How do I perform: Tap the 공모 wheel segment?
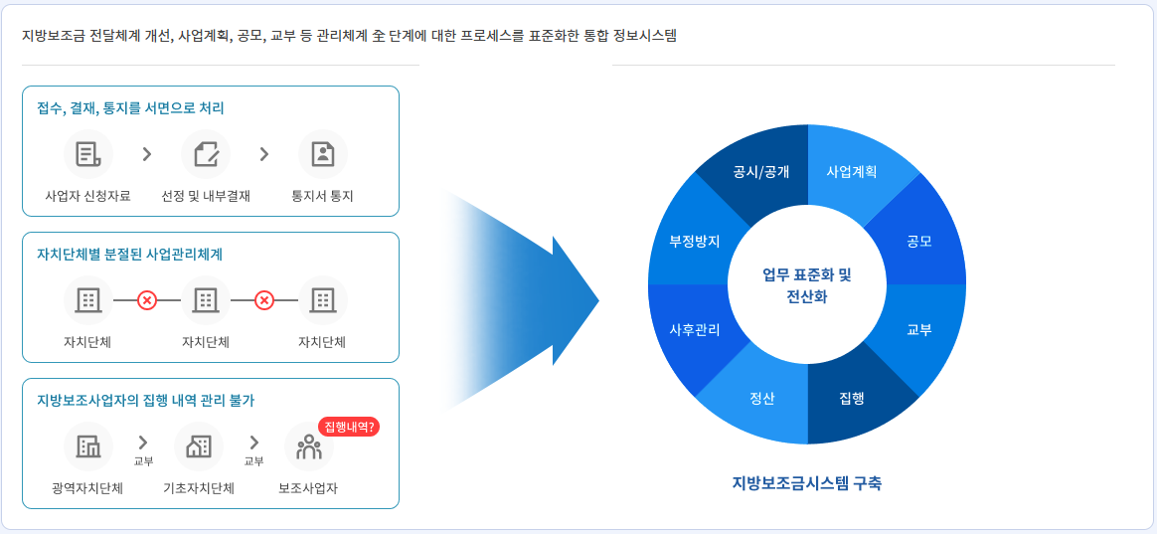[918, 241]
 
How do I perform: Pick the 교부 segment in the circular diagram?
[918, 329]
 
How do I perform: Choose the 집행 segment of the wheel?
[852, 398]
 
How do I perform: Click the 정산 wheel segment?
[762, 398]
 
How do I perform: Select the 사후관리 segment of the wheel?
[695, 329]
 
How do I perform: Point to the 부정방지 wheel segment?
[695, 241]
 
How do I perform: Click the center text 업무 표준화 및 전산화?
[806, 285]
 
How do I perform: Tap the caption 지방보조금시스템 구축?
[806, 483]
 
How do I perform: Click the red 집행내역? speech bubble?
[349, 427]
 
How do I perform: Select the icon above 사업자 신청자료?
[88, 154]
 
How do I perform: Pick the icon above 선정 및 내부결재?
[206, 154]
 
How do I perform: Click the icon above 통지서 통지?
[323, 154]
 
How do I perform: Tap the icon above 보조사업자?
[308, 447]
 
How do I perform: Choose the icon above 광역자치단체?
[88, 447]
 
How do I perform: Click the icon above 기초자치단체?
[199, 447]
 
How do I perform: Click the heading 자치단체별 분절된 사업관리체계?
[129, 254]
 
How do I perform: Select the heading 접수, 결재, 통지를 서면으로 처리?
[130, 107]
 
